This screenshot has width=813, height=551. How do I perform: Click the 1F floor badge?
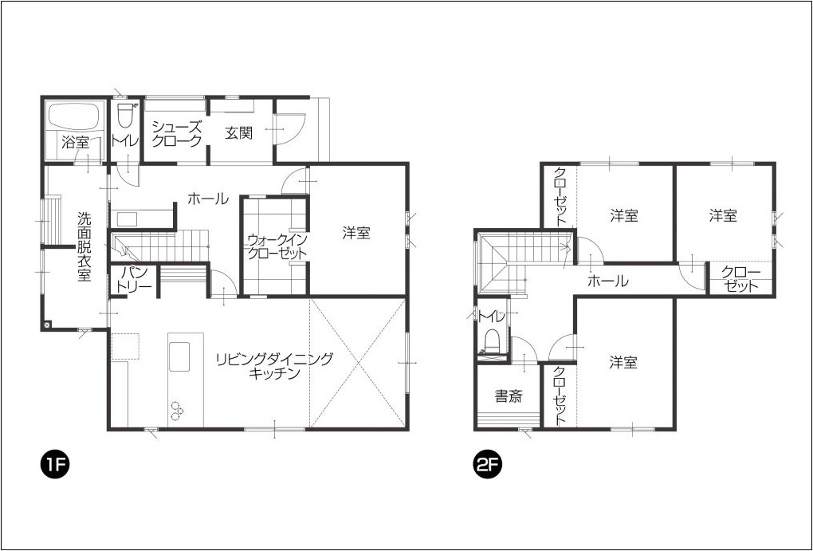click(55, 465)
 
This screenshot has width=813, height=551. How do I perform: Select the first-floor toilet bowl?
click(124, 116)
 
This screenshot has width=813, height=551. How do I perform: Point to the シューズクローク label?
click(176, 133)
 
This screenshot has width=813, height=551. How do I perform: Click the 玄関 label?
click(239, 133)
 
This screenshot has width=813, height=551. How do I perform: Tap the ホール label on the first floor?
click(208, 199)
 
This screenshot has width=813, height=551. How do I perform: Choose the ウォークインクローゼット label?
click(277, 247)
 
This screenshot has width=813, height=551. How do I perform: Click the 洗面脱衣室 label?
click(84, 246)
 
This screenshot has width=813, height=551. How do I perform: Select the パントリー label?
click(134, 280)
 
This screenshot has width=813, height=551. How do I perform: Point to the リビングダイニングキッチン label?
click(274, 366)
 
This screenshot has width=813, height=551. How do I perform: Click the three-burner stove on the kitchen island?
click(177, 409)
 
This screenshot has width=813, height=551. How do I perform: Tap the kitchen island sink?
click(179, 356)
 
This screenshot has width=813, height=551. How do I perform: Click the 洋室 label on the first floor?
click(356, 233)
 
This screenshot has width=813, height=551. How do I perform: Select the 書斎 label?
click(509, 396)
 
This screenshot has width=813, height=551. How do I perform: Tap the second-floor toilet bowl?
click(490, 341)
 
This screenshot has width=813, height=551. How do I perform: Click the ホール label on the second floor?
click(607, 281)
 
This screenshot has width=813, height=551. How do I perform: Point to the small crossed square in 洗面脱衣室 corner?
click(48, 325)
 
